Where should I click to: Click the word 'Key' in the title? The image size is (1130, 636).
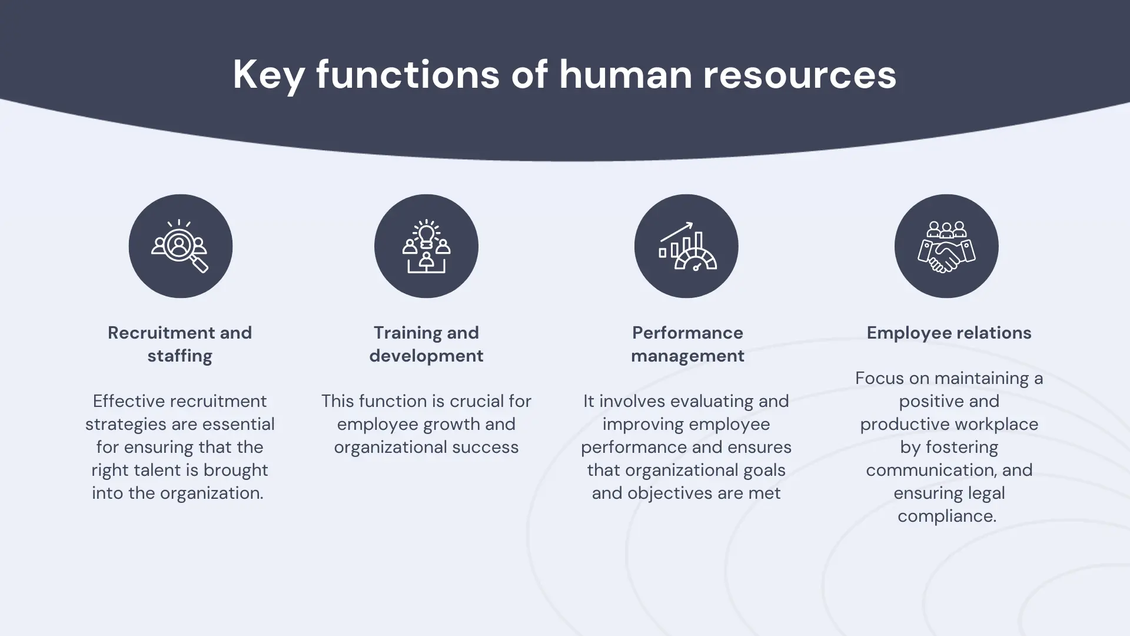click(x=268, y=75)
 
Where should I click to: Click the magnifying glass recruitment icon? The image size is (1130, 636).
click(x=180, y=246)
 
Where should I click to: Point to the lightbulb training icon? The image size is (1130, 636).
click(x=426, y=246)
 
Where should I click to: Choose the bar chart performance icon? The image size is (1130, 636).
click(x=687, y=246)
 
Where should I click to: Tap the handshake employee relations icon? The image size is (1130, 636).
click(x=946, y=246)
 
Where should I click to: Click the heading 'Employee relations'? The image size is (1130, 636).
click(x=949, y=333)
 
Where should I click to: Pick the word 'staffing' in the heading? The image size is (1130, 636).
click(x=180, y=356)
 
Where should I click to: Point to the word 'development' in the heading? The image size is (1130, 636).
click(x=426, y=356)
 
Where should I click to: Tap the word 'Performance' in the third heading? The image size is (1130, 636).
click(x=687, y=333)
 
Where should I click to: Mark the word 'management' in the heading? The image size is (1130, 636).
click(x=687, y=356)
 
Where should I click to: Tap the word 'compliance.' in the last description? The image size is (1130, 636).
click(x=947, y=516)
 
